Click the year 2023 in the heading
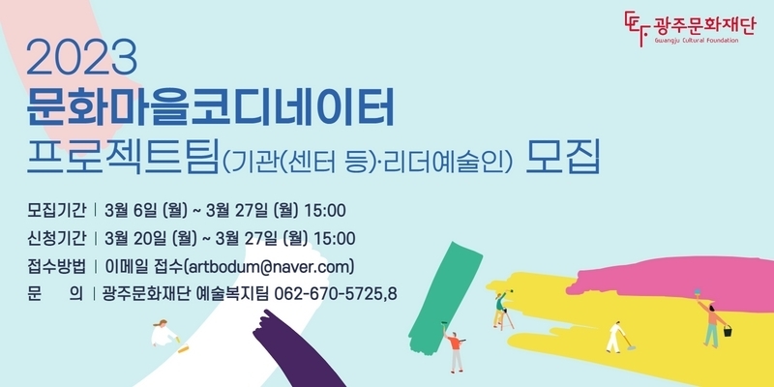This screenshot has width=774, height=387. [x=81, y=58]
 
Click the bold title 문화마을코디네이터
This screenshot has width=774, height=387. [x=210, y=106]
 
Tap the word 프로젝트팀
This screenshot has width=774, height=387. [x=123, y=157]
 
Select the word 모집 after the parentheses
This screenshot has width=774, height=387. [x=563, y=157]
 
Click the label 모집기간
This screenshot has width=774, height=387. [x=57, y=210]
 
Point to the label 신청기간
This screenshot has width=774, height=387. [x=57, y=238]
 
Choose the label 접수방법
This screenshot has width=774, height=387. [x=57, y=267]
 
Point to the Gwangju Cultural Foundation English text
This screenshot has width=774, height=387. [x=696, y=41]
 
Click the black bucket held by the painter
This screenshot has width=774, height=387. [x=728, y=331]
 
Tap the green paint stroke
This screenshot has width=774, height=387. [x=444, y=298]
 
